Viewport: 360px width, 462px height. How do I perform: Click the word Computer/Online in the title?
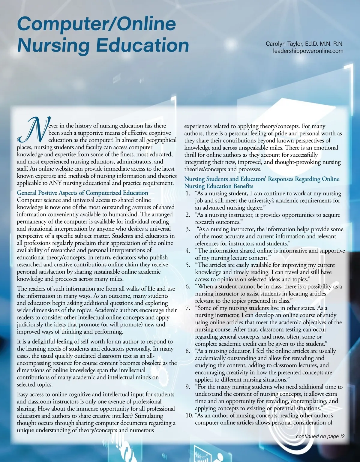[96, 24]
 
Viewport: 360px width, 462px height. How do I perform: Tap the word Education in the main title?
[142, 45]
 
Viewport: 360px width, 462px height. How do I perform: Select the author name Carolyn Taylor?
[284, 44]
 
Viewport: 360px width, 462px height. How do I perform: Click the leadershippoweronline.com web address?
[308, 51]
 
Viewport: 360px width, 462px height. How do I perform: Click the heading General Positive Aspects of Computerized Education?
[82, 193]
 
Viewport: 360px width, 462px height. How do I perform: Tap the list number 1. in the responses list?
[188, 193]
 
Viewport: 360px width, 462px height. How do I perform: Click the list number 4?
[188, 251]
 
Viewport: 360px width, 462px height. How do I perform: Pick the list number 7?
[188, 308]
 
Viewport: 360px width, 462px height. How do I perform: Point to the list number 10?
[189, 415]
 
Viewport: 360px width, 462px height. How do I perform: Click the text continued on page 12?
[320, 436]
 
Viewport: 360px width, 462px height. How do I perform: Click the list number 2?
[188, 215]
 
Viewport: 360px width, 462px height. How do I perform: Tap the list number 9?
[188, 387]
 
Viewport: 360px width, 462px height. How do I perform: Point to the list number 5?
[188, 265]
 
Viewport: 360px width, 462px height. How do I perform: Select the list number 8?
[188, 351]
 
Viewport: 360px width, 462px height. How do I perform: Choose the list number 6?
[188, 286]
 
